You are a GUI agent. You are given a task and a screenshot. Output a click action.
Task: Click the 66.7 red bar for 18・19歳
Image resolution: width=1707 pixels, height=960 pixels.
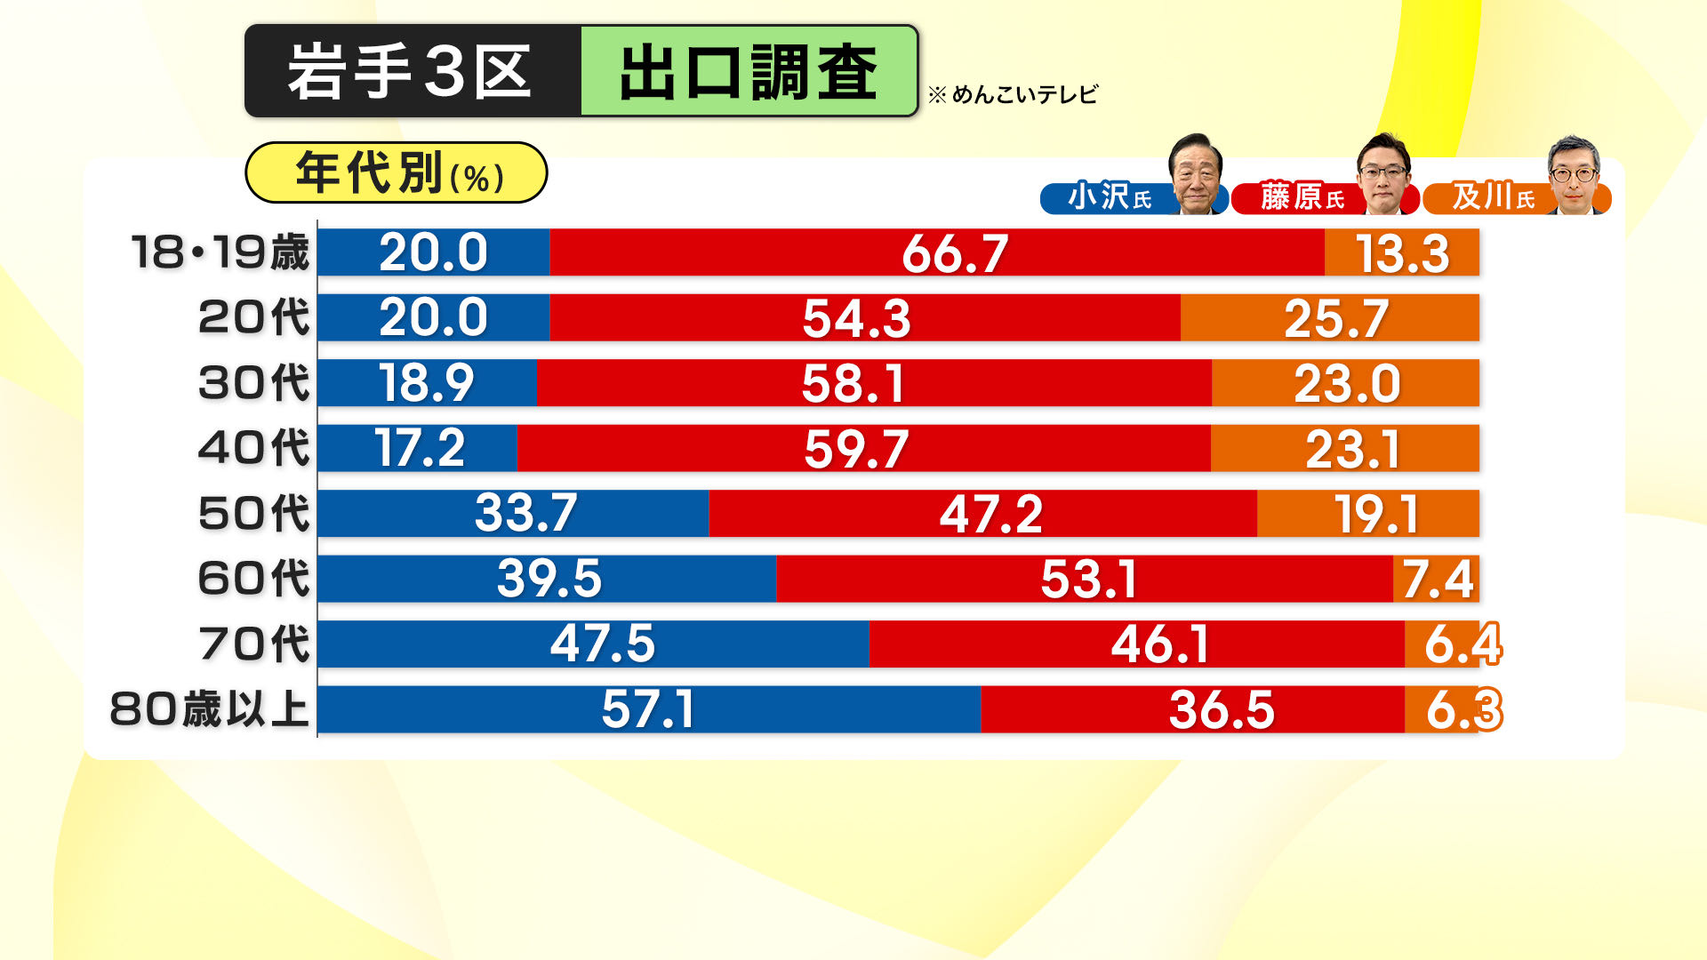tap(937, 252)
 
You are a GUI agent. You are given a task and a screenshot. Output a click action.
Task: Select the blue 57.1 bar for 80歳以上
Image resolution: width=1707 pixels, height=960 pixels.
tap(649, 709)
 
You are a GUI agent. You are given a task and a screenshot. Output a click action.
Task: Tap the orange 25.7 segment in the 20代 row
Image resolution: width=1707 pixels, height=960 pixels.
tap(1330, 318)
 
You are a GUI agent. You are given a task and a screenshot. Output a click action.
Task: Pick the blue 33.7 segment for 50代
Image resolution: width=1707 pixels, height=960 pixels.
tap(514, 514)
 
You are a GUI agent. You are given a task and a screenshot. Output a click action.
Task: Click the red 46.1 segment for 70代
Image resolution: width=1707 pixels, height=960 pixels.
tap(1136, 644)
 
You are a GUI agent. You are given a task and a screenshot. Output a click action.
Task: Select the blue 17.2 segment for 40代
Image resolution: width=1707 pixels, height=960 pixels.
tap(418, 448)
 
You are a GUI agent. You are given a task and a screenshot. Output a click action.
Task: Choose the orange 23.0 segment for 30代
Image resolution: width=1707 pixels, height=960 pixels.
tap(1345, 383)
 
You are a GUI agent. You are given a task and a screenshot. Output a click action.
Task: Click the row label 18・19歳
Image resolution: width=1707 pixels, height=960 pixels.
tap(220, 252)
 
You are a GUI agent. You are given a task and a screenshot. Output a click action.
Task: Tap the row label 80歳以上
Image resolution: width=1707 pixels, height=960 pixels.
tap(210, 709)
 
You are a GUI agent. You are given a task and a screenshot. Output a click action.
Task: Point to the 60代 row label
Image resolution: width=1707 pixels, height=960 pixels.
tap(254, 579)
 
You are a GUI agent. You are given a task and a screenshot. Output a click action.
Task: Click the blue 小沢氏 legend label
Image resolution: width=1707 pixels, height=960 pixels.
tap(1109, 197)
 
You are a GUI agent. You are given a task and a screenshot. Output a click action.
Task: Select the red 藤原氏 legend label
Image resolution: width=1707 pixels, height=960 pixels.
tap(1302, 197)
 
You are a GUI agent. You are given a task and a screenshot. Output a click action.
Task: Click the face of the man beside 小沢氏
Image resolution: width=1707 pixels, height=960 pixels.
tap(1196, 173)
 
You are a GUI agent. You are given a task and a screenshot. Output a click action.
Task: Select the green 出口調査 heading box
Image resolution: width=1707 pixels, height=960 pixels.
tap(749, 71)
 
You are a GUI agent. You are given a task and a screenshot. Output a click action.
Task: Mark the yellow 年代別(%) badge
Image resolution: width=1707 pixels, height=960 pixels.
tap(397, 172)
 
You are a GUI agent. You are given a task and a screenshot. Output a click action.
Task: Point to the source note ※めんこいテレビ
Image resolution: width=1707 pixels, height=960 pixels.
tap(1014, 94)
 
